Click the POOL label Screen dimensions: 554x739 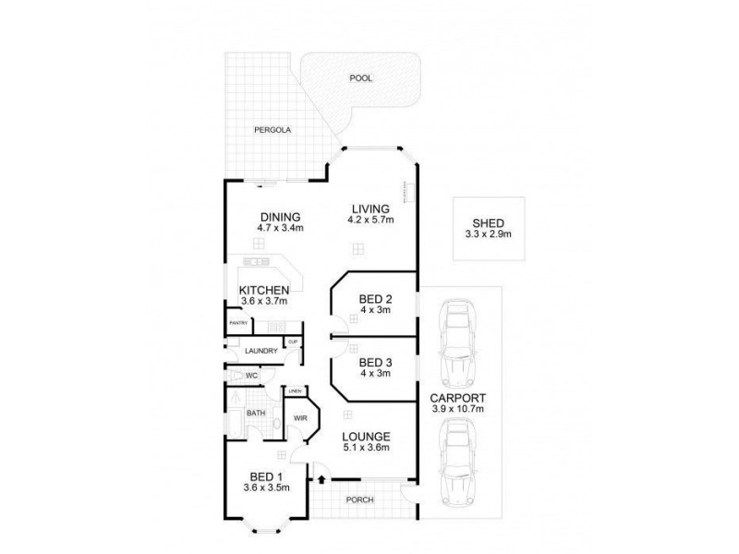click(x=360, y=78)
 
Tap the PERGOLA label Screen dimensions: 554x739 click(x=273, y=130)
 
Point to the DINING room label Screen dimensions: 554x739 click(x=280, y=217)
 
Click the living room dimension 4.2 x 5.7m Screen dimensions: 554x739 click(x=370, y=221)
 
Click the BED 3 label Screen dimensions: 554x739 click(x=376, y=362)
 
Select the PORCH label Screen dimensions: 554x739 click(x=360, y=502)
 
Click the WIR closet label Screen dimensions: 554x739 click(x=300, y=418)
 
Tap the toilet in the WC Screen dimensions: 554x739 click(x=242, y=376)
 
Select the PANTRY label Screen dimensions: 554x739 click(x=237, y=323)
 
